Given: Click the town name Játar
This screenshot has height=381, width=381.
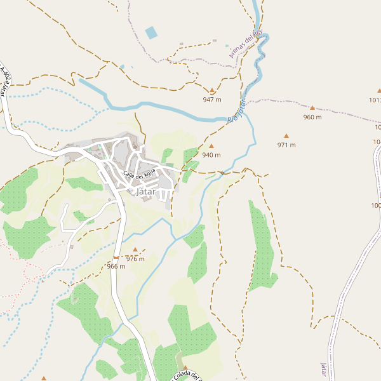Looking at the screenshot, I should [x=145, y=191].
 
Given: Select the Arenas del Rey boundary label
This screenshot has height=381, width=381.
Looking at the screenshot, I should [x=246, y=44].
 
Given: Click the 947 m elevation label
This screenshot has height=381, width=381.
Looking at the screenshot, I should [x=211, y=100].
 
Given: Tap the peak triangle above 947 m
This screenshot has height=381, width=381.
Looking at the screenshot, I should [x=212, y=91].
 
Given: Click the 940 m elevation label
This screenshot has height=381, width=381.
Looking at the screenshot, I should [x=211, y=155].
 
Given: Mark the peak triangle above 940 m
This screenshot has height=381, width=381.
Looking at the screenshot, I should [x=211, y=146].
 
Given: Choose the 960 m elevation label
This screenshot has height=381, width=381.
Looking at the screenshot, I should [x=312, y=117].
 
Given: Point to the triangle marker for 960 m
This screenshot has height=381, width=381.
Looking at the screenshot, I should [x=312, y=108].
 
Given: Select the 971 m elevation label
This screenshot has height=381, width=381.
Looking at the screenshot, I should [x=286, y=145].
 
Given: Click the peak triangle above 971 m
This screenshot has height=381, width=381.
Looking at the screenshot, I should [x=286, y=136].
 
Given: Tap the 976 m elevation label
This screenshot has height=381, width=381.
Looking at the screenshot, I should [x=135, y=258].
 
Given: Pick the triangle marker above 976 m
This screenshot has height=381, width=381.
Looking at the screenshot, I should [x=135, y=250].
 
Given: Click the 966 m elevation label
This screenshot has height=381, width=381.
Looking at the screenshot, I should [x=116, y=267].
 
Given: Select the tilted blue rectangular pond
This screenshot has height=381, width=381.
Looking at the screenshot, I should [x=151, y=32].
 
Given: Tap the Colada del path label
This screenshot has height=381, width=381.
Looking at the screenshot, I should [x=187, y=377].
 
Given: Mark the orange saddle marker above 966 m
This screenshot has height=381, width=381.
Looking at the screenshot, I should [x=116, y=257].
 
